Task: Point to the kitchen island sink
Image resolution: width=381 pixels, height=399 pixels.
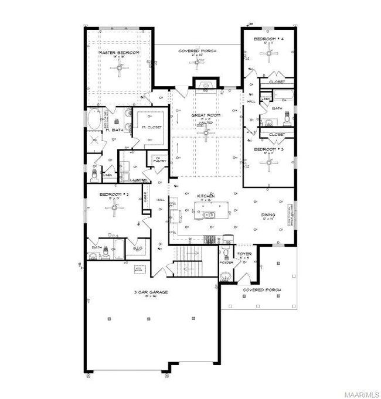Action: pos(209,215)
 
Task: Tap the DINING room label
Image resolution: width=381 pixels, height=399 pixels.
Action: pos(268,214)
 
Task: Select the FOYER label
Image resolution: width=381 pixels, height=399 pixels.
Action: pos(244,254)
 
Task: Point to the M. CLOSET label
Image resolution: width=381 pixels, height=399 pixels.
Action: pos(151,127)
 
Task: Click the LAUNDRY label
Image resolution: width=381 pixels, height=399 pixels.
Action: pos(138,180)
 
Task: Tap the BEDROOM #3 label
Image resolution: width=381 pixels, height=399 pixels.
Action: pos(269,149)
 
